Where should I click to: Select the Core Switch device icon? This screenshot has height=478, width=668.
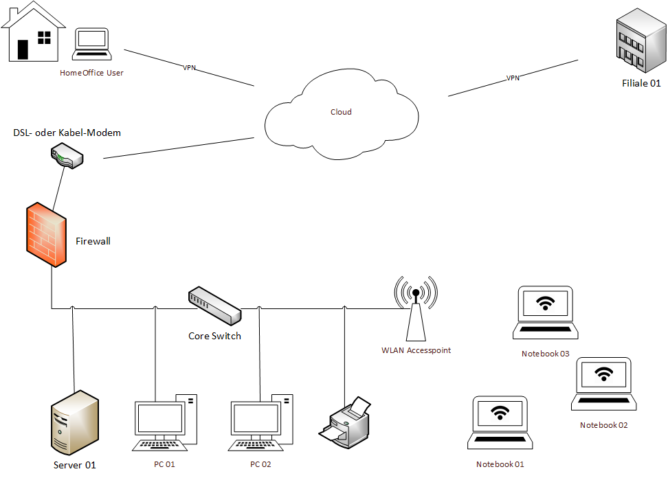pos(214,306)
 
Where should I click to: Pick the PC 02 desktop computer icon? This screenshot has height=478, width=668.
pos(261,423)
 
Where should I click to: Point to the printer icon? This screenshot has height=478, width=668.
pos(346,420)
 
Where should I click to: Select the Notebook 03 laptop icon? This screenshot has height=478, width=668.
pos(546,313)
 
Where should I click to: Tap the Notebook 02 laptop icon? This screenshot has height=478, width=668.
pos(603,384)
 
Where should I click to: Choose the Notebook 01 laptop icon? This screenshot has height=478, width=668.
pos(500,423)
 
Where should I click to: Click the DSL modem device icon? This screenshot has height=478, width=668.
pos(67,157)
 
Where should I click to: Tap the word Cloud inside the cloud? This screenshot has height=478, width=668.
pos(341,112)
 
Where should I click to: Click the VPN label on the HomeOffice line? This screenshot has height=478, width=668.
pos(190,67)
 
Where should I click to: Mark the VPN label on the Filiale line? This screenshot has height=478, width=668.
pos(513,78)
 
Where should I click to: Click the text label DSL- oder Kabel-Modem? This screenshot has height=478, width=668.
pos(67,133)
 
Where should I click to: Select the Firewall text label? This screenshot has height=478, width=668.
pos(93,241)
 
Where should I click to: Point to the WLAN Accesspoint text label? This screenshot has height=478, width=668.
pos(416,350)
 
